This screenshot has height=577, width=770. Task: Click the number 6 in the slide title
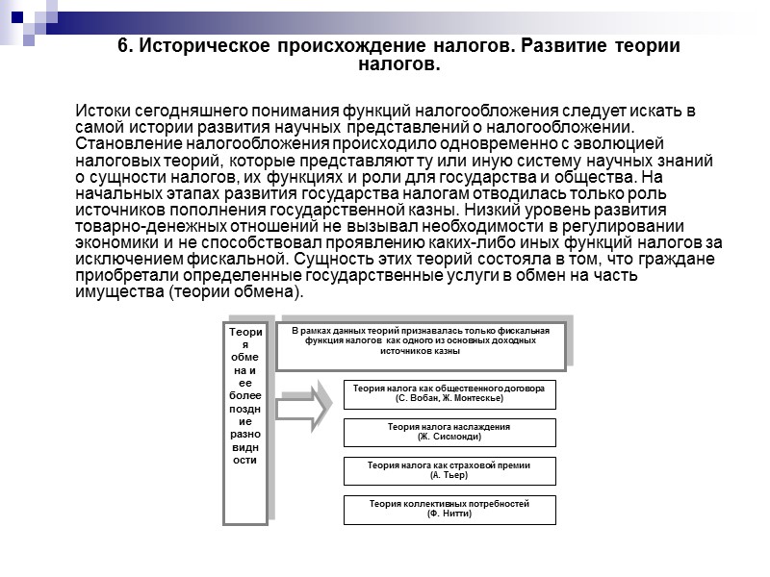pyautogui.click(x=122, y=46)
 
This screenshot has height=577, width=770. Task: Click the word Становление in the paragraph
pyautogui.click(x=127, y=145)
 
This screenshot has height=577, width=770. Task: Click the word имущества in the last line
pyautogui.click(x=115, y=292)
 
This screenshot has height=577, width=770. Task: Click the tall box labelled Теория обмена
pyautogui.click(x=245, y=423)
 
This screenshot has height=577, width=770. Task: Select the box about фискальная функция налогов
pyautogui.click(x=420, y=344)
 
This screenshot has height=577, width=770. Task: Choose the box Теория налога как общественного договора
pyautogui.click(x=449, y=394)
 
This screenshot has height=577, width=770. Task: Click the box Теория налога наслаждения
pyautogui.click(x=449, y=432)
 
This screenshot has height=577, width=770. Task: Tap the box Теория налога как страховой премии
pyautogui.click(x=449, y=470)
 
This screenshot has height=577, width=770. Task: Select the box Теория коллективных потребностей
pyautogui.click(x=449, y=509)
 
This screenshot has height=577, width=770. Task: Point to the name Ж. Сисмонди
pyautogui.click(x=449, y=437)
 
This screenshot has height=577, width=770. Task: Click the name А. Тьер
pyautogui.click(x=449, y=475)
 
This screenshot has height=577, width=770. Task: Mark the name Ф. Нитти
pyautogui.click(x=449, y=514)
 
